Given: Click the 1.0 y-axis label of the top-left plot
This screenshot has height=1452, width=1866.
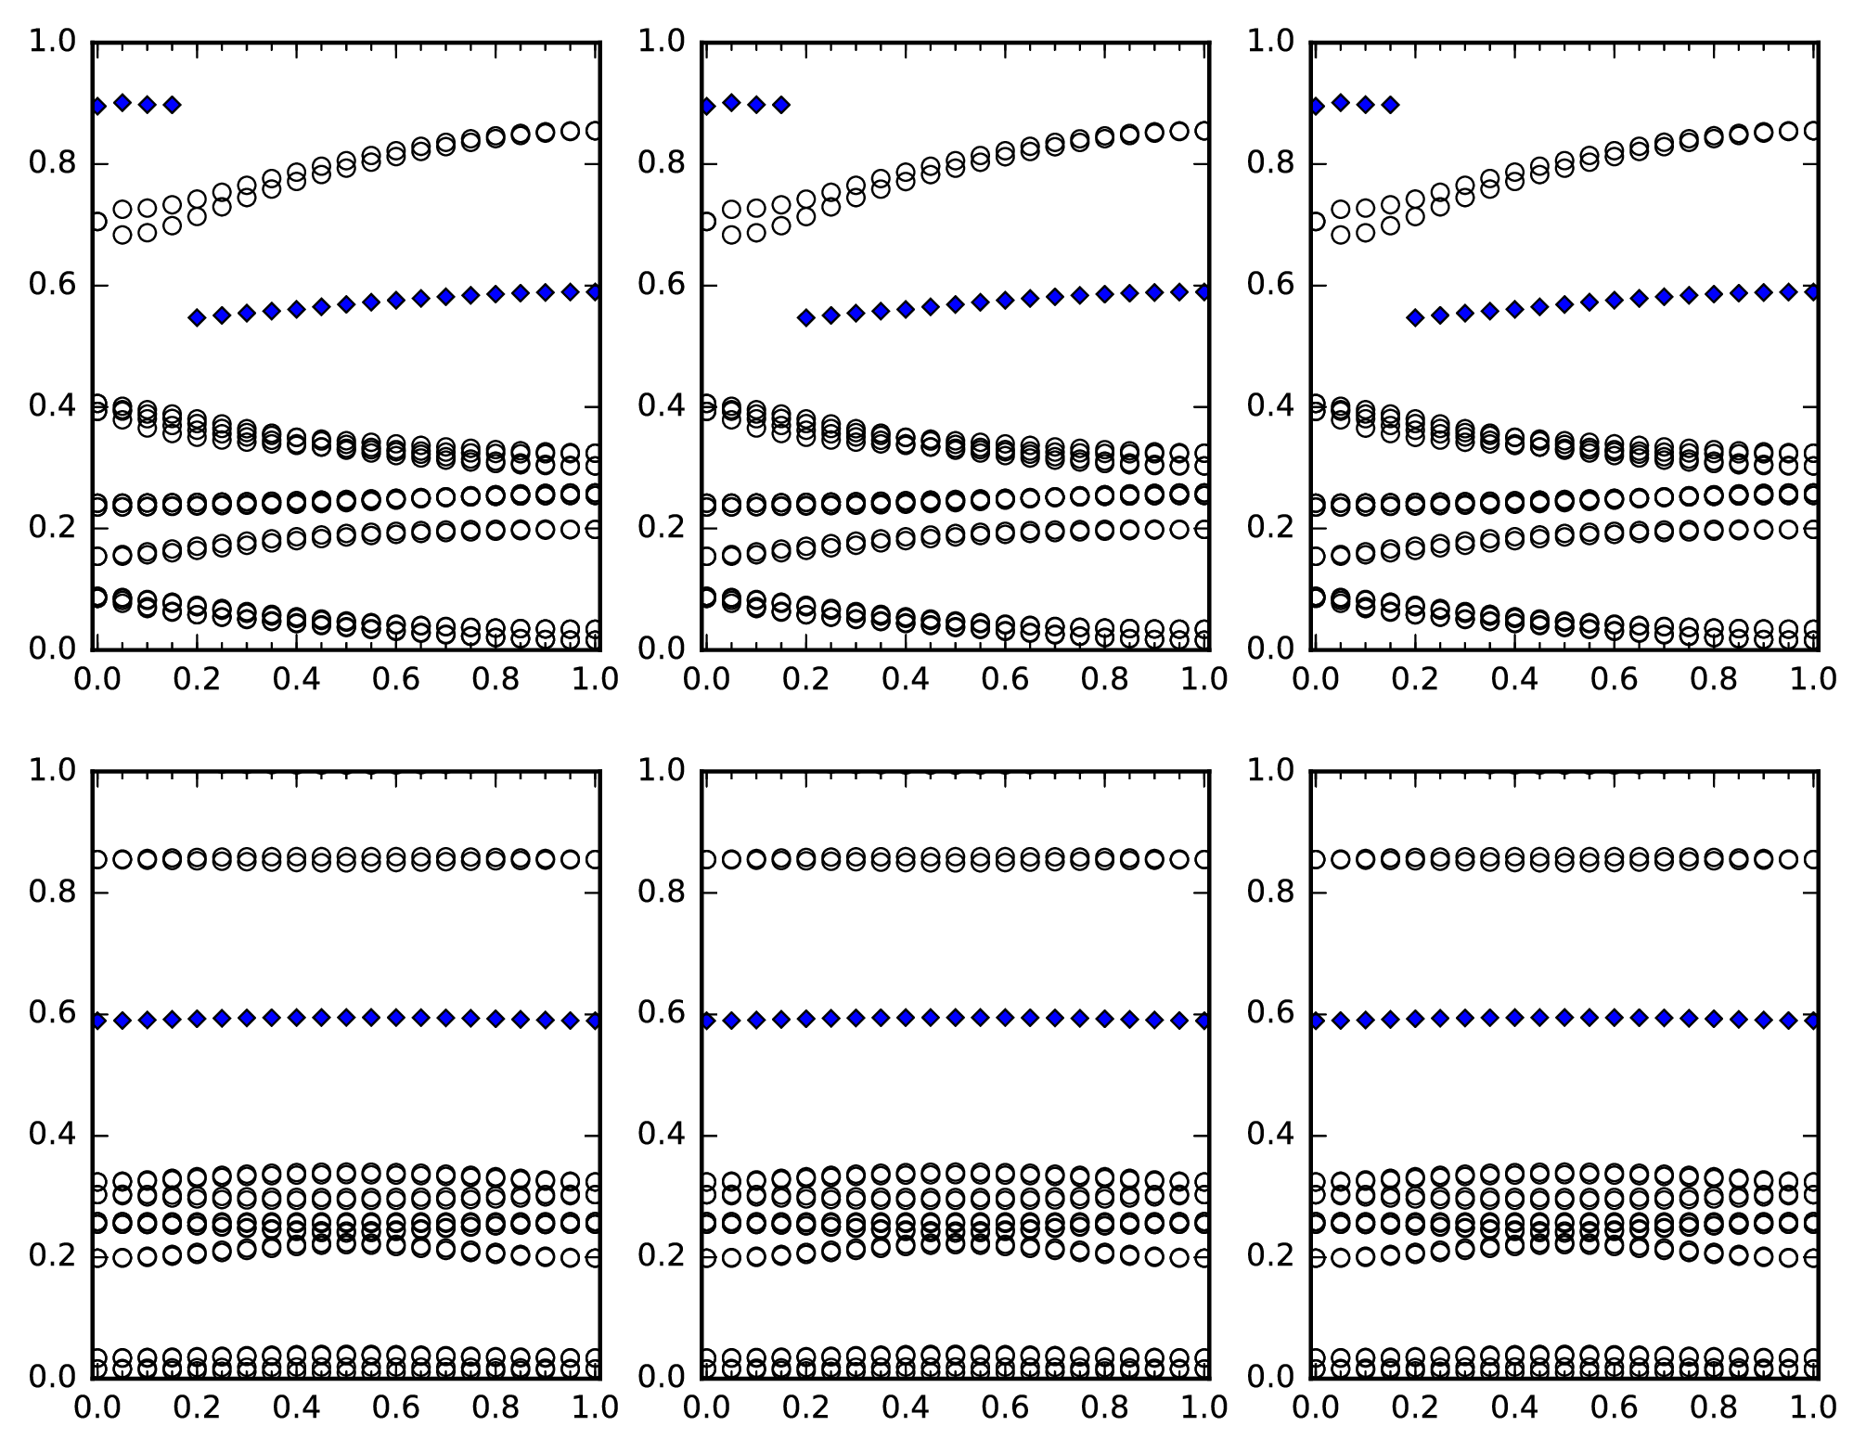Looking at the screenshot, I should [x=51, y=42].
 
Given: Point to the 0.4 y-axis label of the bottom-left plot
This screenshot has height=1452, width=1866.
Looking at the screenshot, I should [x=51, y=1136].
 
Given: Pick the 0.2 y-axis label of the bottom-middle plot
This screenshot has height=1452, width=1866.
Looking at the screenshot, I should [x=660, y=1256].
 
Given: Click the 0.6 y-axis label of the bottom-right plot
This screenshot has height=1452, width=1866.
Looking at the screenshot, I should [x=1269, y=1013].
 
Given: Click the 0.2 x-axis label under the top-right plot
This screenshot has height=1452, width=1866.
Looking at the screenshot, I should [x=1414, y=680].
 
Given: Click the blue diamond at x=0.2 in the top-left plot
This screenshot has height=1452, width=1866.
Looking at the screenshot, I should [x=197, y=317].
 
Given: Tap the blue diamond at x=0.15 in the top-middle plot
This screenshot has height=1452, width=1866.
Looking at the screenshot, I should [x=781, y=105].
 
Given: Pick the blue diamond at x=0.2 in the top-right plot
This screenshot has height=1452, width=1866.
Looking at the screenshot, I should [x=1415, y=317].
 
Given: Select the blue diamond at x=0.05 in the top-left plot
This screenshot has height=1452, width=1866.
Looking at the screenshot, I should [x=122, y=102].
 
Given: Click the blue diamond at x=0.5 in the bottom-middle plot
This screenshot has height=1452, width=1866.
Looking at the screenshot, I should [x=956, y=1017].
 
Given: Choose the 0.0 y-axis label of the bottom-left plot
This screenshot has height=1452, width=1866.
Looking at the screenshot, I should [x=51, y=1377].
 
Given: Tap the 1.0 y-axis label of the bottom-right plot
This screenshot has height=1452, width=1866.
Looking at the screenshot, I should [x=1269, y=770].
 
